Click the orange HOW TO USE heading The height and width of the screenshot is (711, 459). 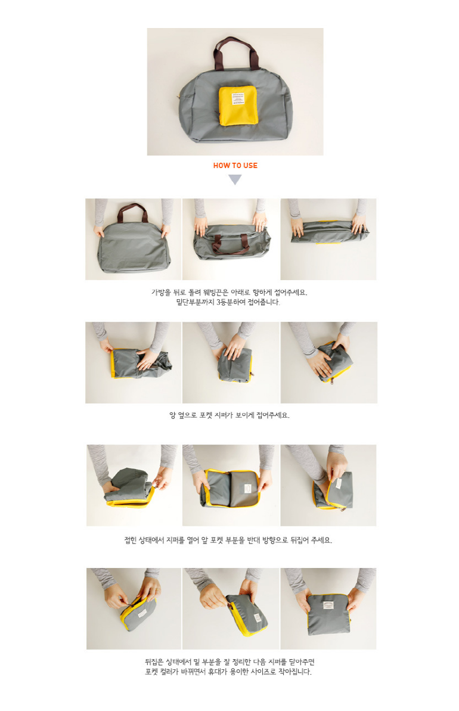point(235,166)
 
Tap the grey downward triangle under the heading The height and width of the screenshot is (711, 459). point(234,180)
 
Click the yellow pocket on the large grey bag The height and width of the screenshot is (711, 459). point(238,105)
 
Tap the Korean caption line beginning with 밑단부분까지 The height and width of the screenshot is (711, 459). point(228,302)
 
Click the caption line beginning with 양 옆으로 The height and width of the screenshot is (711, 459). point(229,415)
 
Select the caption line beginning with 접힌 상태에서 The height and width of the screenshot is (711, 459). point(228,540)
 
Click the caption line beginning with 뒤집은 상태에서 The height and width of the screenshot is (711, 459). point(229,662)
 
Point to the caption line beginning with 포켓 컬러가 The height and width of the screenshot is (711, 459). point(228,672)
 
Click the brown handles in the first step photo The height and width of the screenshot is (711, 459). point(132,212)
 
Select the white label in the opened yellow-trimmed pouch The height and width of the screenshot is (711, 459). point(247,488)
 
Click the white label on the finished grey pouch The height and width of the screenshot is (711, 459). point(328,606)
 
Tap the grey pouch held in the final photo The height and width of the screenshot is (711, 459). point(329,614)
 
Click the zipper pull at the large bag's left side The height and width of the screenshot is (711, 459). point(179,98)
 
